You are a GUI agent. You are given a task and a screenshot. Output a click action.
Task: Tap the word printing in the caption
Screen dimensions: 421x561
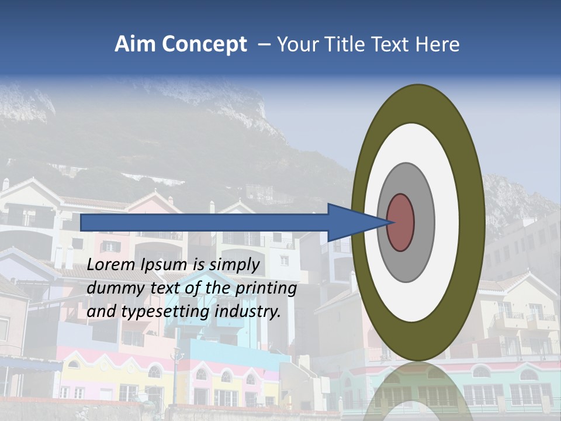(266, 289)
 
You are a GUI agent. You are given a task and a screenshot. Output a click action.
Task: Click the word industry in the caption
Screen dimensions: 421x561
(247, 312)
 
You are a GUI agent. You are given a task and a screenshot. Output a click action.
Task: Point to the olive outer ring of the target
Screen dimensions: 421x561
(472, 222)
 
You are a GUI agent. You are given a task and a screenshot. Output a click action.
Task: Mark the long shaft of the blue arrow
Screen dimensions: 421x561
(205, 222)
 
